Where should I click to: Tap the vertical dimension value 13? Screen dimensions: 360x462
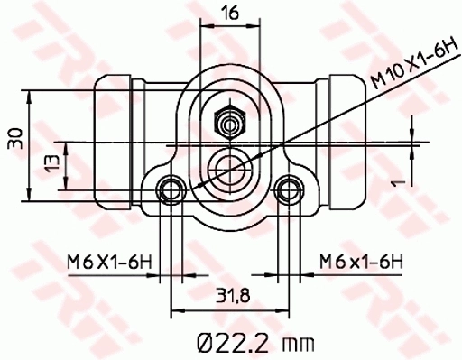53,165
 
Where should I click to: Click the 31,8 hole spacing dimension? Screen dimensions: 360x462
229,295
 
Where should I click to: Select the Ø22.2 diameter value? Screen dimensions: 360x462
231,341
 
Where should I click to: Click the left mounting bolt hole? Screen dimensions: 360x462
171,189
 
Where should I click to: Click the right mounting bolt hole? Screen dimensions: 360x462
289,189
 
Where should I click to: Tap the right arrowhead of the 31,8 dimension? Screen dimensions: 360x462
285,309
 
